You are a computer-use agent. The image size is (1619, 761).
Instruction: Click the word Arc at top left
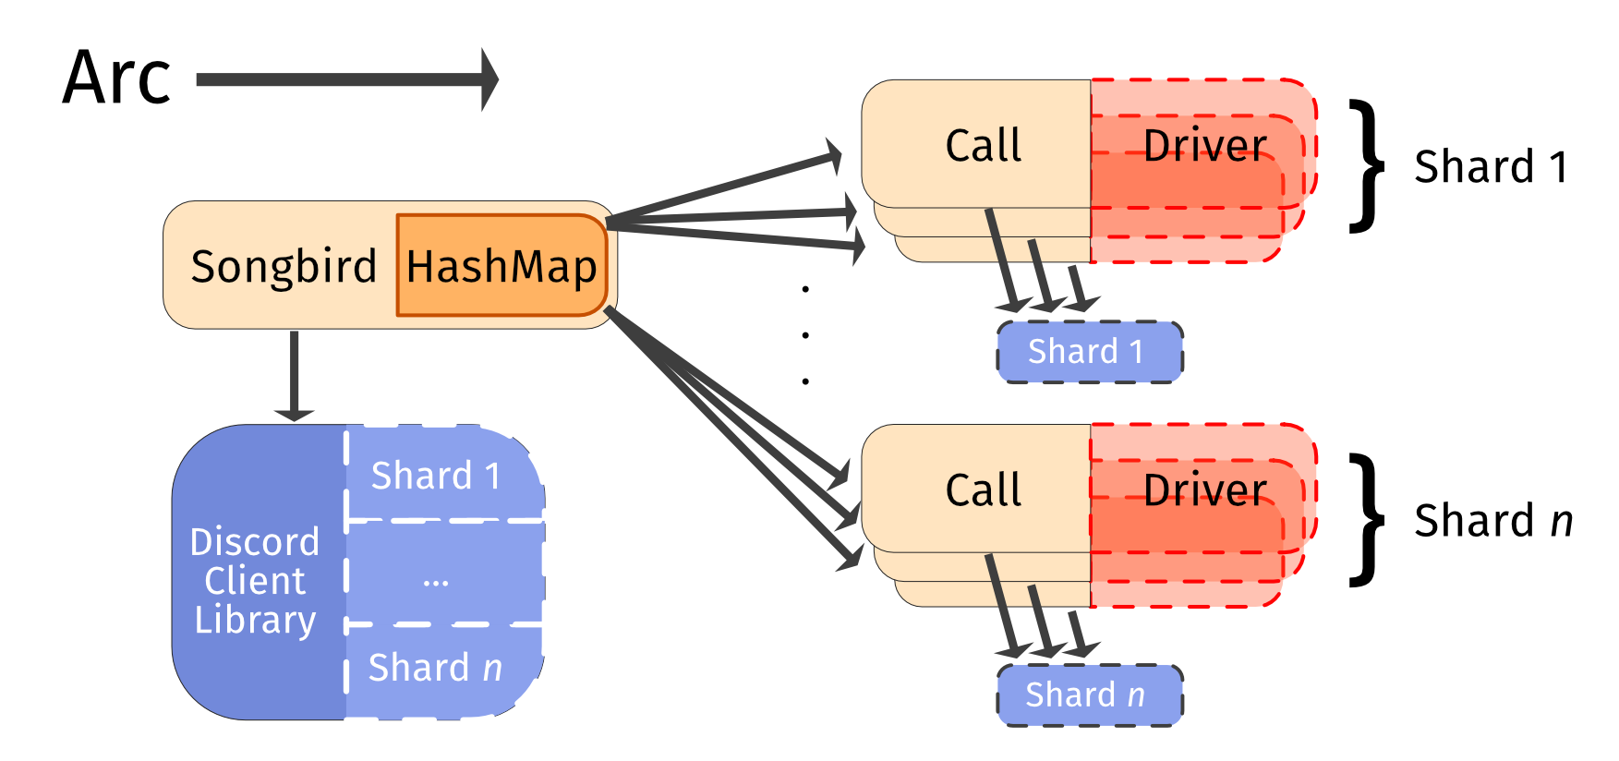coord(116,78)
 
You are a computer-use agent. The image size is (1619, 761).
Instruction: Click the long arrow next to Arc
coord(346,79)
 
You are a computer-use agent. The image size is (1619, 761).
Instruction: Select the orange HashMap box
coord(501,266)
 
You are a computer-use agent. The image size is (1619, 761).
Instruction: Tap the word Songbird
coord(284,266)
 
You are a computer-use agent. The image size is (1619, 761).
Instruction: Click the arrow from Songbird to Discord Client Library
coord(294,374)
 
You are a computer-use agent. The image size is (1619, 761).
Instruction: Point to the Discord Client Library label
coord(255,580)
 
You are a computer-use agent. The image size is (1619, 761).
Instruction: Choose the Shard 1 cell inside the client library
coord(436,476)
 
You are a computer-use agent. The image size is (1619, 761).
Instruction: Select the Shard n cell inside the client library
coord(436,667)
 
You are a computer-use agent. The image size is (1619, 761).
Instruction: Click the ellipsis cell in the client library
coord(436,580)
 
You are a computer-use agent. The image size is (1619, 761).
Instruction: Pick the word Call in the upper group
coord(984,145)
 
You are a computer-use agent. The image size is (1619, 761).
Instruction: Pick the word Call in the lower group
coord(984,489)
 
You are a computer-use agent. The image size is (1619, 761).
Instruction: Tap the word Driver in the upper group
coord(1205,145)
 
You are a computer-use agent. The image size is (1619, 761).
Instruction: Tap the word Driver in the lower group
coord(1205,489)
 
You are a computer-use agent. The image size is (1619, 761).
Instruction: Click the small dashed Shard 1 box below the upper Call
coord(1089,352)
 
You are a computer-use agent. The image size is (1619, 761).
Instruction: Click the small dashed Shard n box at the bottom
coord(1089,695)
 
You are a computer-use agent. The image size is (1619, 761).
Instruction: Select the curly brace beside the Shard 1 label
coord(1367,166)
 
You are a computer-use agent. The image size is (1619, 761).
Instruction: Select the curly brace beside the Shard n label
coord(1367,520)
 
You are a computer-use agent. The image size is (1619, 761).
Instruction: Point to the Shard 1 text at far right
coord(1491,167)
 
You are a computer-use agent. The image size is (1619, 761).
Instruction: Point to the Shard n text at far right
coord(1492,521)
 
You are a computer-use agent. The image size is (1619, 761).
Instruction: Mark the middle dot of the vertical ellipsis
coord(805,334)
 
